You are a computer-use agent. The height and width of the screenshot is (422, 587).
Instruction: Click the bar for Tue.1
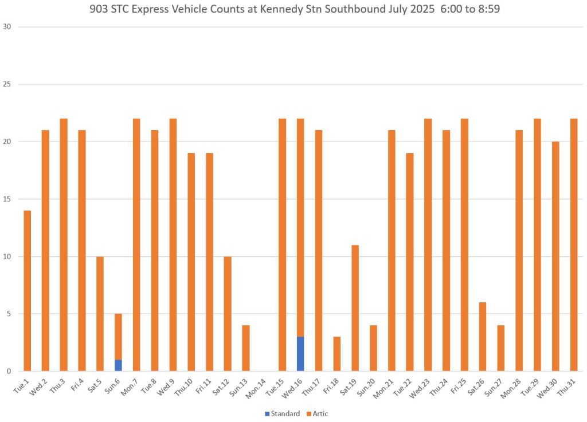click(27, 291)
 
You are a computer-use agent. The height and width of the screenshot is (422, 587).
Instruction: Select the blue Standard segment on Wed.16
click(300, 354)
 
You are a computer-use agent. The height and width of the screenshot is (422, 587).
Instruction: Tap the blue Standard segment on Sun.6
click(118, 365)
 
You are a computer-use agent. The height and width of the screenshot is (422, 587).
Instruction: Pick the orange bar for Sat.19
click(355, 308)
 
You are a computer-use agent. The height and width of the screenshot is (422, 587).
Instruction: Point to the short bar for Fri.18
click(336, 354)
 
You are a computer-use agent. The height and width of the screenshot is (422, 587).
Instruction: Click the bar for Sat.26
click(483, 337)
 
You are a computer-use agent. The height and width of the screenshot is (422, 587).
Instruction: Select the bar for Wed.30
click(555, 256)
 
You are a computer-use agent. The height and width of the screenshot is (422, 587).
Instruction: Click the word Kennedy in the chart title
click(288, 10)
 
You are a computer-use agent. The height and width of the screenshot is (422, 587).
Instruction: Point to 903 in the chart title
click(100, 10)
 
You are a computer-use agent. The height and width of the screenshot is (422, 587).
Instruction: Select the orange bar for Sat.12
click(228, 314)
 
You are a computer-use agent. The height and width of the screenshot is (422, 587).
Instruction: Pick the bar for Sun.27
click(501, 348)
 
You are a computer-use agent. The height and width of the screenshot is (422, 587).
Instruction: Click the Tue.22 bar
click(409, 262)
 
